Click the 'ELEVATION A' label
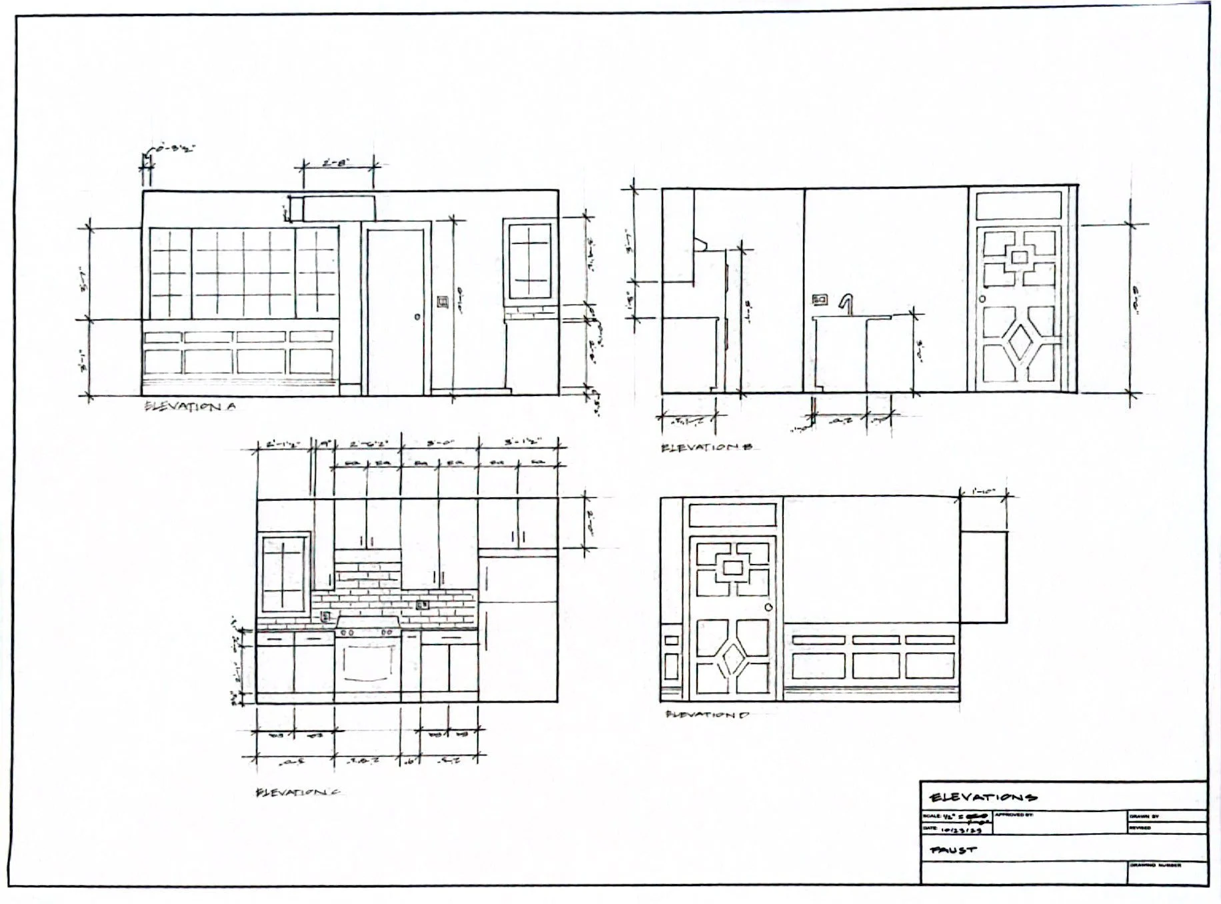click(190, 406)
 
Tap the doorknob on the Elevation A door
click(417, 317)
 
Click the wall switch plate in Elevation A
click(443, 303)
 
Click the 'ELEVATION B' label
click(706, 447)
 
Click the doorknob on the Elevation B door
click(982, 299)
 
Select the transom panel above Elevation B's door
click(1018, 205)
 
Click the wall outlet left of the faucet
click(820, 300)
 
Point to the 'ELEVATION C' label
click(298, 792)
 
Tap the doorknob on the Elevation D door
click(768, 607)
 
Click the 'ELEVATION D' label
click(707, 715)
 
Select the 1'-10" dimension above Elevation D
click(983, 492)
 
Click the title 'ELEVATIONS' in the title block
click(983, 797)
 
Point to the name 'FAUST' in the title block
click(953, 850)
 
